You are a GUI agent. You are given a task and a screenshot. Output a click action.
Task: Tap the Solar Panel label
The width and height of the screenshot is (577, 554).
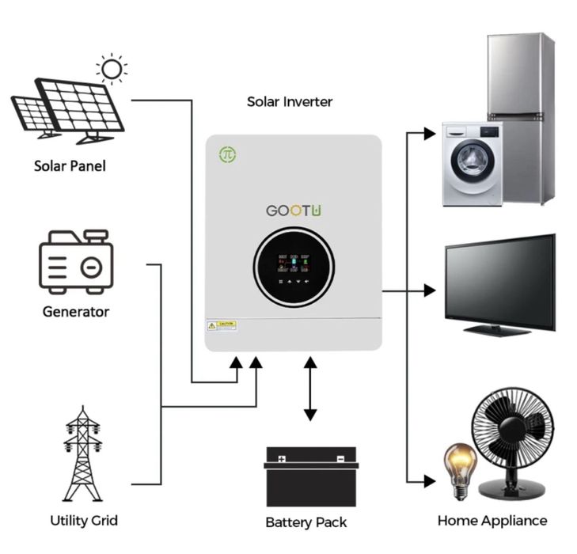click(70, 166)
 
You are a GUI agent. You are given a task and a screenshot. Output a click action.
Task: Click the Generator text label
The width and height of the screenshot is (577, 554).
click(76, 311)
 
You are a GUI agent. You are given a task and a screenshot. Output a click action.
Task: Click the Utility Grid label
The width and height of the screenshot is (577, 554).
click(83, 520)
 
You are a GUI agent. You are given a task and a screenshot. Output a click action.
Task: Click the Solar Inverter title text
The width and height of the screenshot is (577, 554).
click(290, 101)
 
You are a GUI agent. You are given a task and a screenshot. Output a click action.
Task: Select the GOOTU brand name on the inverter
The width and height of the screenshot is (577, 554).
click(294, 211)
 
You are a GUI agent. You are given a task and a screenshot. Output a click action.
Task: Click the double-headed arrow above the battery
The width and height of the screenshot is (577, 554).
click(310, 388)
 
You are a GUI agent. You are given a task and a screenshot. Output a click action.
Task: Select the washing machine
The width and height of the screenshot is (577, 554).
click(472, 164)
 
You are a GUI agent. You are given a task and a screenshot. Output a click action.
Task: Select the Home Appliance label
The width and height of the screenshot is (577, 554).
click(492, 520)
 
